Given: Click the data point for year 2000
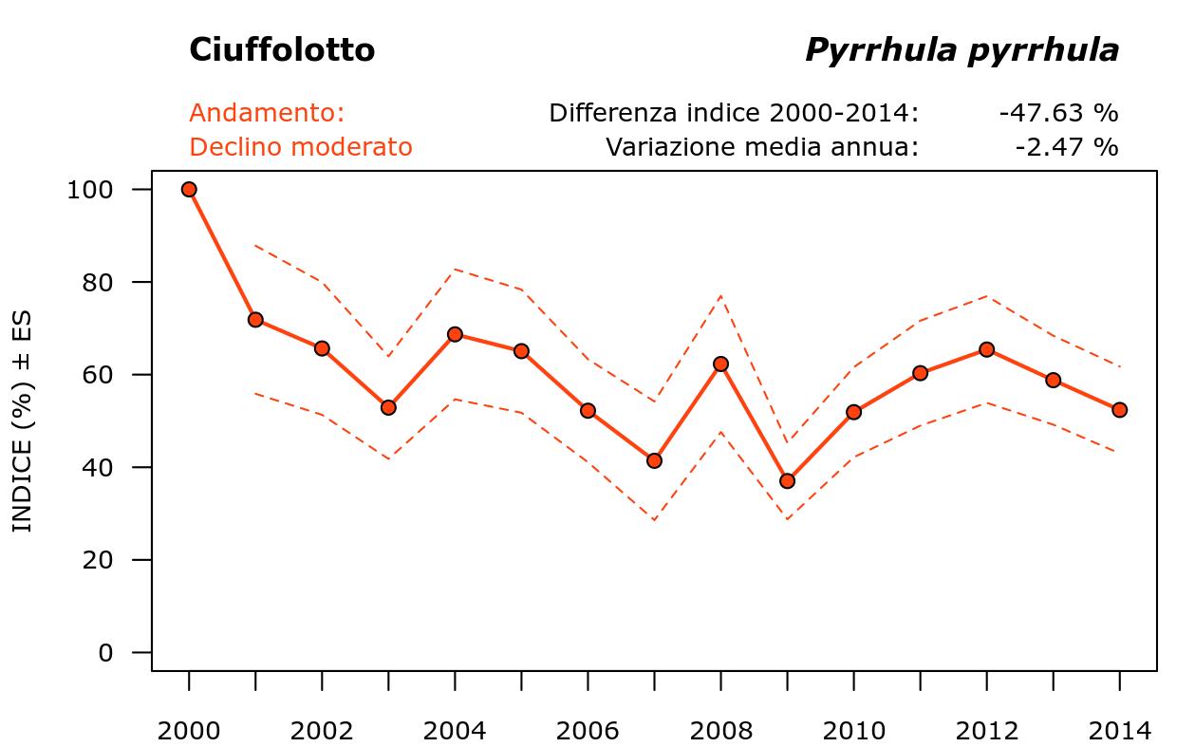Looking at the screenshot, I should [x=189, y=189].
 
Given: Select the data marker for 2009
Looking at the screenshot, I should [x=787, y=481].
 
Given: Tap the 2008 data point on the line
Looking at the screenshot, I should [x=720, y=364].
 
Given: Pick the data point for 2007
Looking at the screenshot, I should [x=654, y=460].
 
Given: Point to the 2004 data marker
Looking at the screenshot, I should [x=455, y=334].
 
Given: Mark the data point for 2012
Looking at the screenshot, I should [x=986, y=349].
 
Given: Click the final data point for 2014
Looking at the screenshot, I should [x=1119, y=410].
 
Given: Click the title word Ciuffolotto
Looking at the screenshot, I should [x=282, y=50].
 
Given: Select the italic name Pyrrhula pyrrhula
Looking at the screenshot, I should [x=962, y=50].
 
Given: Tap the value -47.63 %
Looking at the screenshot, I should [x=1058, y=113].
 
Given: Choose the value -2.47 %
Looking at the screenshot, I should [x=1066, y=147].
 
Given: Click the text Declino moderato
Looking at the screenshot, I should [x=301, y=147].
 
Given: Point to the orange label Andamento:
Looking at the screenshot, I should [x=267, y=113].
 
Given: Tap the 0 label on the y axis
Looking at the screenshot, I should [x=105, y=653].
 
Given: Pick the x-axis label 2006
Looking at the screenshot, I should [x=588, y=731].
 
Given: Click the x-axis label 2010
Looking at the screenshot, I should [x=853, y=731].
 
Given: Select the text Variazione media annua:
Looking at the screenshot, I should [x=762, y=147].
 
